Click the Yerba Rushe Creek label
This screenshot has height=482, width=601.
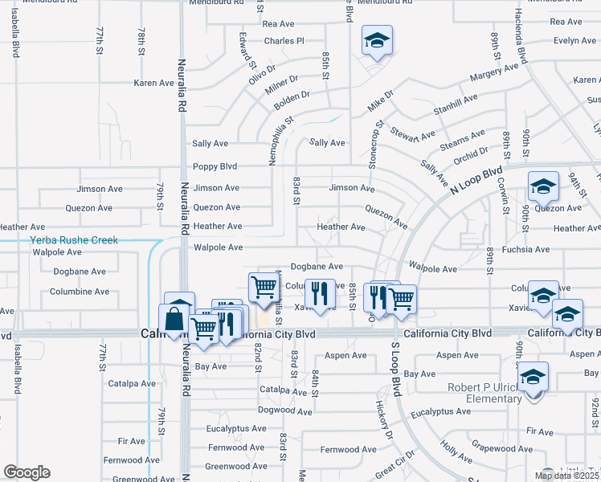click(x=74, y=240)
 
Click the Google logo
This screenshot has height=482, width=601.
click(x=27, y=472)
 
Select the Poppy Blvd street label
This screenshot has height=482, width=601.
click(x=215, y=167)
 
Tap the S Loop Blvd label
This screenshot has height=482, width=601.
click(x=395, y=369)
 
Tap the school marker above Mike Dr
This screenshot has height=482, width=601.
click(x=375, y=40)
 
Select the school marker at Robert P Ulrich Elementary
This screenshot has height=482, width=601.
click(x=532, y=376)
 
